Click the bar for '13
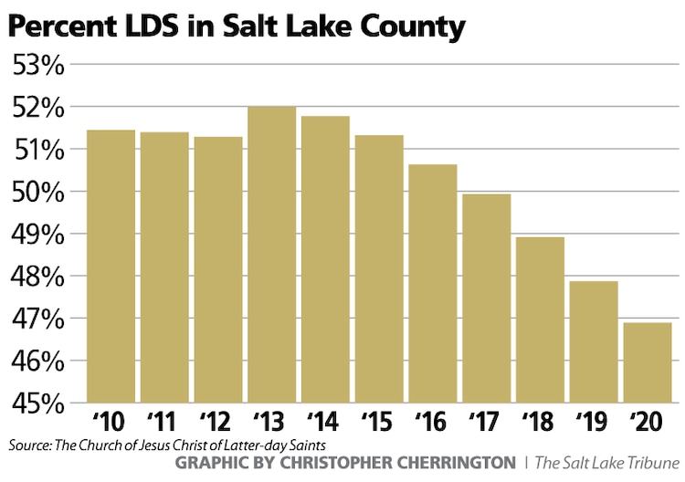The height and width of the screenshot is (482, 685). [272, 255]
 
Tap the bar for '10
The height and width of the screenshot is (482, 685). [111, 266]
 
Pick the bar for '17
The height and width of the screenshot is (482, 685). [487, 298]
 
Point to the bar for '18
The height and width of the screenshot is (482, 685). [541, 320]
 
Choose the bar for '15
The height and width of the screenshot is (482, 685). [379, 268]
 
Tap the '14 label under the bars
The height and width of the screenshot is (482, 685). [325, 424]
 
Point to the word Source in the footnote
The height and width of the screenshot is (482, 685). [29, 445]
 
